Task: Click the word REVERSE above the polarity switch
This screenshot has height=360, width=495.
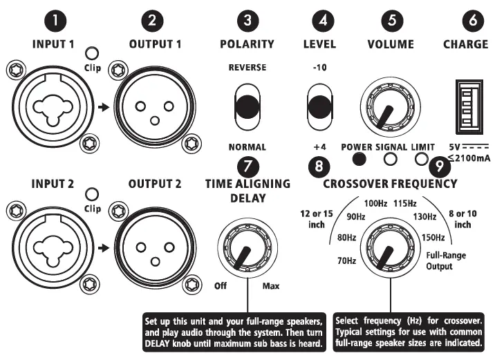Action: tap(248, 68)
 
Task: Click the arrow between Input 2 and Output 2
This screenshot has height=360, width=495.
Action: tap(103, 247)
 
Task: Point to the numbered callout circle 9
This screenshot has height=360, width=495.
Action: tap(438, 166)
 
